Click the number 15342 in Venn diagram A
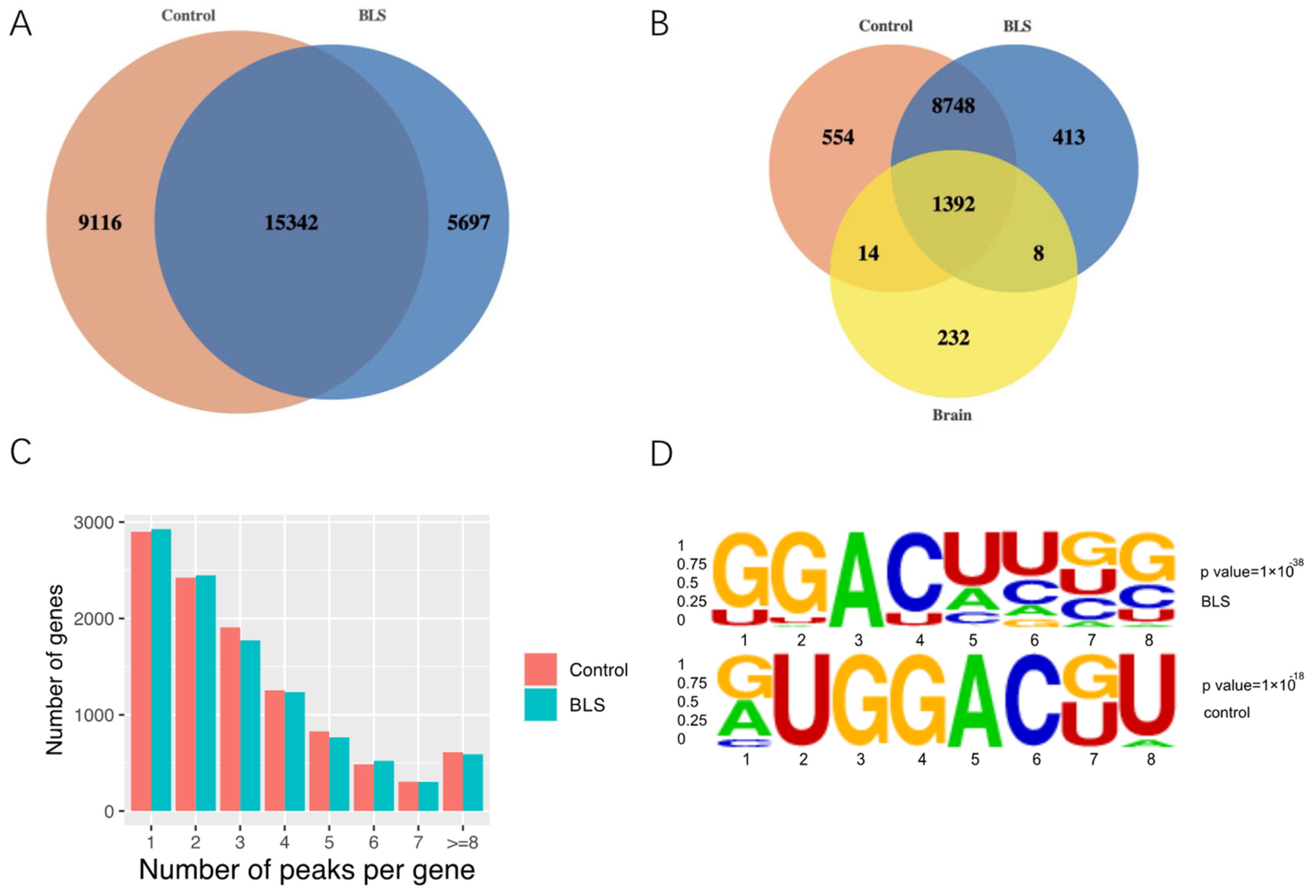coord(291,223)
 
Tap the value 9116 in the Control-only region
coord(99,223)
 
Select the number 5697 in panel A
coord(468,223)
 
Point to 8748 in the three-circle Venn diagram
coord(953,105)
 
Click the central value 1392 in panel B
coord(953,204)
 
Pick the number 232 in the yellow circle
coord(953,338)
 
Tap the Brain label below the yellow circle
coord(952,415)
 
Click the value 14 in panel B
coord(868,253)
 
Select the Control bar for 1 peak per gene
coord(141,671)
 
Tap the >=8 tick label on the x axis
coord(462,843)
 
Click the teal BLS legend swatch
coord(540,705)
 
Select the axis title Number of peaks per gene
coord(307,869)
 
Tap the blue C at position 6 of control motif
coord(1035,699)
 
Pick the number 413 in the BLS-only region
coord(1068,137)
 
